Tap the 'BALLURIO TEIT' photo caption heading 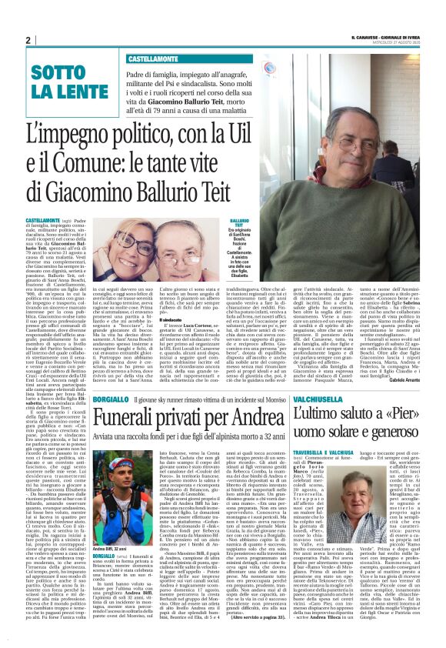(239, 223)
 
